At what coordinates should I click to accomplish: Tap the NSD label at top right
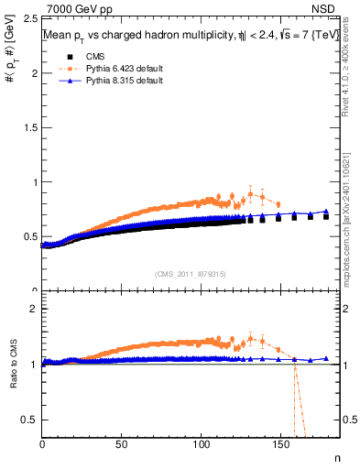pos(328,9)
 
